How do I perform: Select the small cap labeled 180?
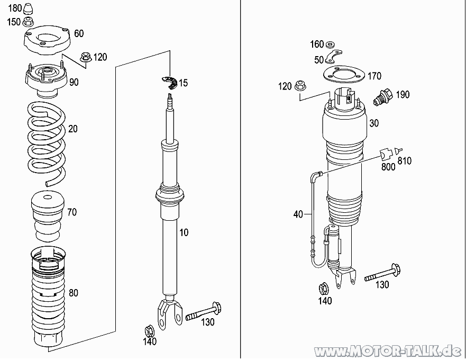(28, 8)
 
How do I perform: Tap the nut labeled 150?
(28, 22)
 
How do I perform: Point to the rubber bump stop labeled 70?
(48, 217)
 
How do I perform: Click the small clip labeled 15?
(169, 82)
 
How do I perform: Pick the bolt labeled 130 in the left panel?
(204, 311)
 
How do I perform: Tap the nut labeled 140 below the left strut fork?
(149, 331)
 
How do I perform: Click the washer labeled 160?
(330, 44)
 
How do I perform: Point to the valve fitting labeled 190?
(383, 96)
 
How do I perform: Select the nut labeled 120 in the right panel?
(300, 86)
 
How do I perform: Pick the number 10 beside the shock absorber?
(184, 232)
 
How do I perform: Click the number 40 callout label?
(298, 214)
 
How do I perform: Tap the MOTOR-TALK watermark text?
(388, 351)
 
